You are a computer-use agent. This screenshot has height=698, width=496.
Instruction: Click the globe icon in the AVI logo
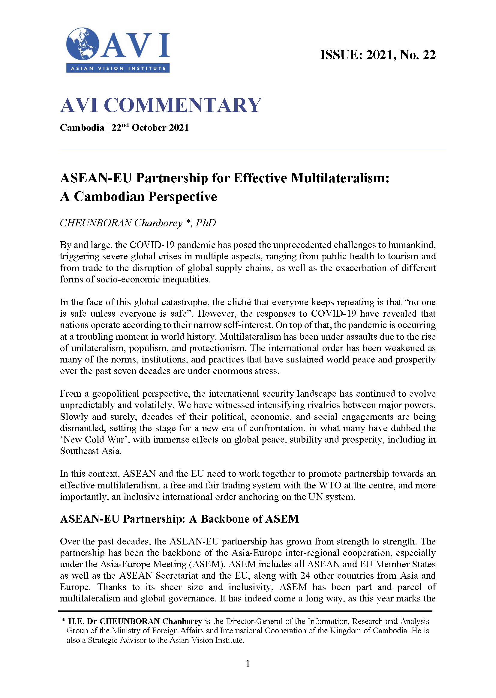(83, 44)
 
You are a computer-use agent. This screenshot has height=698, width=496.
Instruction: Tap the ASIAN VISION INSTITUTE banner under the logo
(118, 68)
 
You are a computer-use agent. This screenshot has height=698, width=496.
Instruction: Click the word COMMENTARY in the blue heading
(183, 105)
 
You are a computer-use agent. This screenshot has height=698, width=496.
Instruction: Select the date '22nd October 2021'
(150, 127)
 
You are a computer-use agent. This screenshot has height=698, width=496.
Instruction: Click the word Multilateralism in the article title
(340, 178)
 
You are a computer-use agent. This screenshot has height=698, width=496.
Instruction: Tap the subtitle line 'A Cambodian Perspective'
(138, 197)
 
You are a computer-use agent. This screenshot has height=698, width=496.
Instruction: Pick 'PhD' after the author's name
(206, 223)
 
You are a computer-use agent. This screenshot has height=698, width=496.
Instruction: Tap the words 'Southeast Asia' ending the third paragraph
(90, 451)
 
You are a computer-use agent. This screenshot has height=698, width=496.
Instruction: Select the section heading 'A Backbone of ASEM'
(244, 519)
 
